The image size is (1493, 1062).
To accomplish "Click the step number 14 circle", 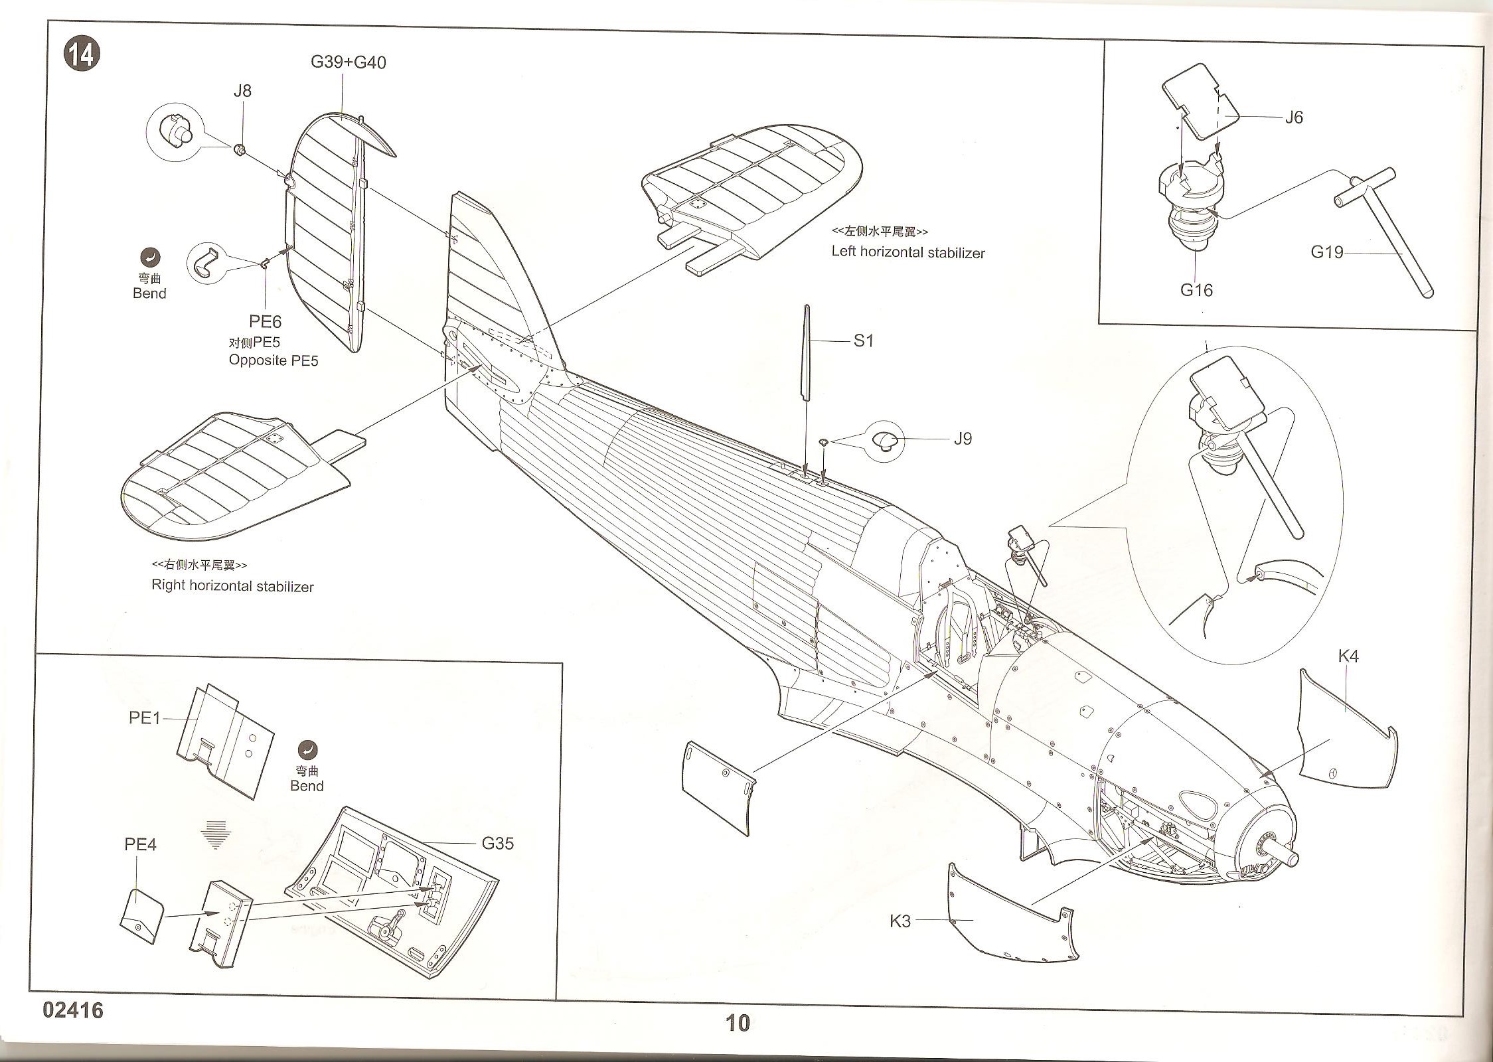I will click(82, 54).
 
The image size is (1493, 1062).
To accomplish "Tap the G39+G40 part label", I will click(348, 62).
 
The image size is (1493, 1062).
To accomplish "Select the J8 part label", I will click(242, 91).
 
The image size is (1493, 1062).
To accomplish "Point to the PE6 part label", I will click(265, 322).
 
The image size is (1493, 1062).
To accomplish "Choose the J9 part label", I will click(962, 439).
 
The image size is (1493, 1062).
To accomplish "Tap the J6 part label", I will click(1294, 117).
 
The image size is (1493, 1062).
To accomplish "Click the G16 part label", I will click(1196, 290).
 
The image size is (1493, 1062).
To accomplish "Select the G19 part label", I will click(1326, 252).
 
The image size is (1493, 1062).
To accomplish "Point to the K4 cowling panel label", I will click(1348, 656).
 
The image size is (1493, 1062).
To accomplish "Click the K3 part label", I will click(900, 921).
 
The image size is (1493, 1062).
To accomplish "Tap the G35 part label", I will click(497, 844).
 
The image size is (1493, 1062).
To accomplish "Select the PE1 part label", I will click(144, 718).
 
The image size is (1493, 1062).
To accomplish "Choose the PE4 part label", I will click(140, 844).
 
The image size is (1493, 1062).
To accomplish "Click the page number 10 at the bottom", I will click(738, 1023).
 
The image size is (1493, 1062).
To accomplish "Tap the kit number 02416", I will click(73, 1010).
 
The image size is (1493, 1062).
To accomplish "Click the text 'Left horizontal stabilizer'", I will click(907, 252).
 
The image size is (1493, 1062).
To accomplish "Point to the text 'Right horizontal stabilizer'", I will click(232, 586).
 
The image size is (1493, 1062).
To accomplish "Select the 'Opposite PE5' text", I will click(274, 360).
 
